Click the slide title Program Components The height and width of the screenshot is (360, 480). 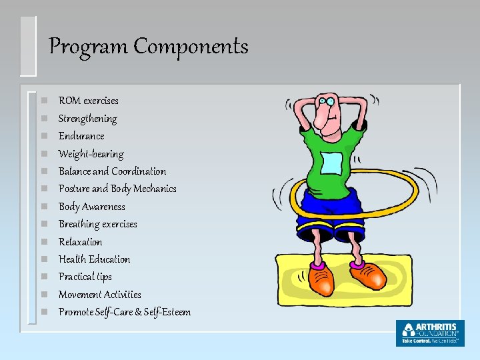coord(149,47)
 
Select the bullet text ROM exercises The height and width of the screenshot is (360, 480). coord(88,101)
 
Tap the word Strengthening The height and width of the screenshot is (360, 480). coord(87,119)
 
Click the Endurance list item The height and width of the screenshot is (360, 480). coord(81,136)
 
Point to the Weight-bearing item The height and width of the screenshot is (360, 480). coord(91,154)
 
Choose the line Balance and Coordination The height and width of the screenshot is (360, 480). coord(112,171)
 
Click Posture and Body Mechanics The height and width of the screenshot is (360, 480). coord(117,189)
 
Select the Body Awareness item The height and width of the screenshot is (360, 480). coord(91,207)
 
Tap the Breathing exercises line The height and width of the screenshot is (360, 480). coord(97,224)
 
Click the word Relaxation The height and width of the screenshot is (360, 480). coord(80,241)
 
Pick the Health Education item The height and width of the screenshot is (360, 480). coord(94,259)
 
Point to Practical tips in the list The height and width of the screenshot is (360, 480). coord(85,277)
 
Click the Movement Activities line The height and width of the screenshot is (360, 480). coord(99,294)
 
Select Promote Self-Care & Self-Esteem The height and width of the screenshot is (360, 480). coord(124,312)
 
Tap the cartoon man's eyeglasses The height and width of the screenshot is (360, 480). coord(326,101)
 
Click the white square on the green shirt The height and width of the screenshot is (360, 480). coord(331,163)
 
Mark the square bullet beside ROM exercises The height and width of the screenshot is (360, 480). coord(43,101)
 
